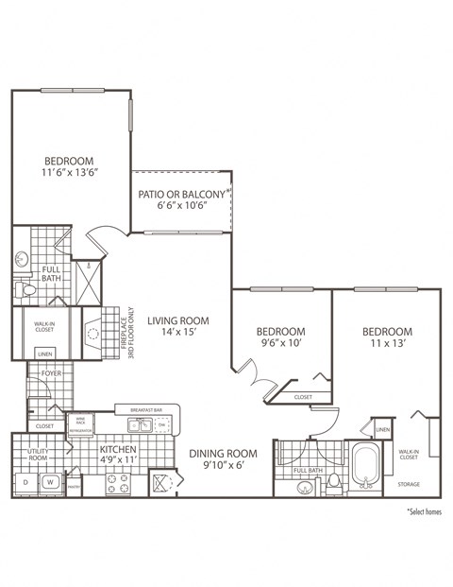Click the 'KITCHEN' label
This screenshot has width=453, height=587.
pos(119,449)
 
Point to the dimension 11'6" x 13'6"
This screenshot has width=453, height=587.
pos(72,173)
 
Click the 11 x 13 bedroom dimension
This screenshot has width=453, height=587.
pos(388,346)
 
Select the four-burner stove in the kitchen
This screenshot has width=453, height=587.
pos(117,483)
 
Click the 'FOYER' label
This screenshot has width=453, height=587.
pos(50,374)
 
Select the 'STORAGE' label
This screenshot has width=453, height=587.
pos(409,484)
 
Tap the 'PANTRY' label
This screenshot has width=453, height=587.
pos(74,488)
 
